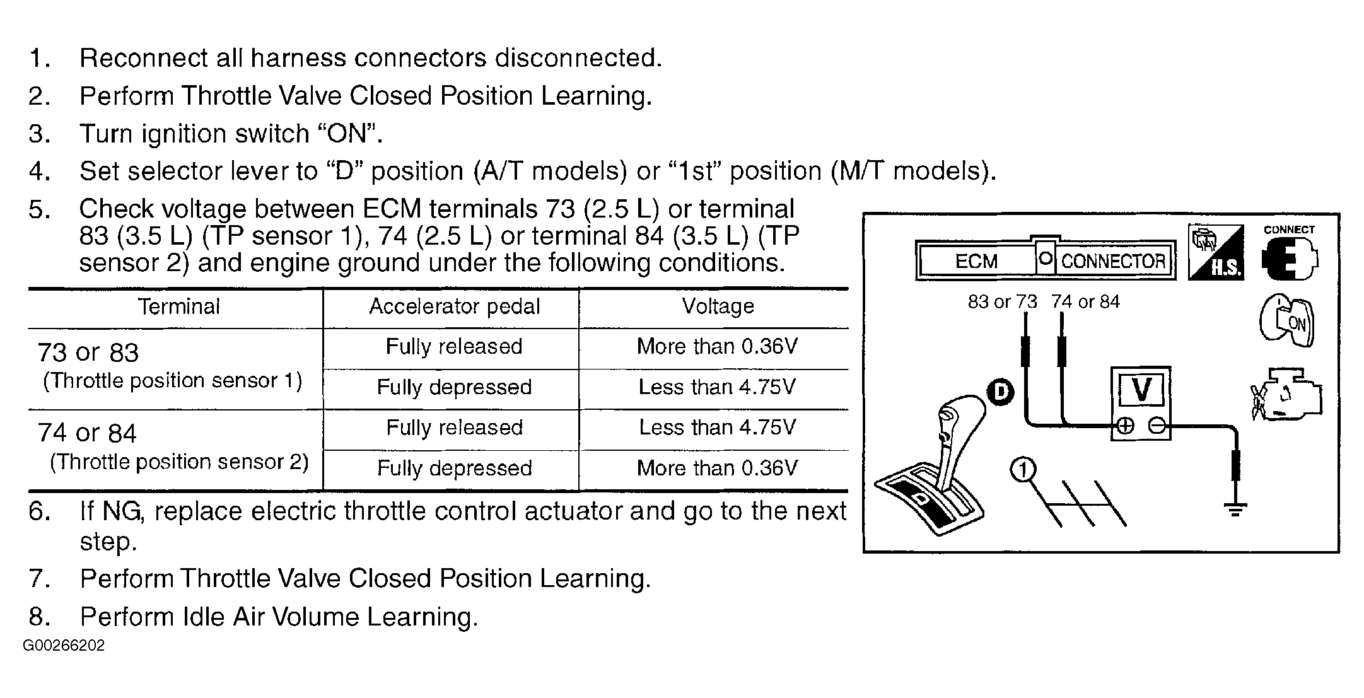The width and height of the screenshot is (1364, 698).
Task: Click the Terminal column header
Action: tap(179, 307)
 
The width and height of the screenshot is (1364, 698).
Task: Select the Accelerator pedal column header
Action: tap(454, 307)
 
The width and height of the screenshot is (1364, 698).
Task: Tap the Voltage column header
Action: tap(718, 307)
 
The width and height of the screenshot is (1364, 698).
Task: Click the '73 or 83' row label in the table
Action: tap(88, 352)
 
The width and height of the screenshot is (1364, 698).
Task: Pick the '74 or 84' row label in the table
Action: tap(87, 433)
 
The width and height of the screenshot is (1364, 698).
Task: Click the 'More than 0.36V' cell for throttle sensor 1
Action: tap(718, 346)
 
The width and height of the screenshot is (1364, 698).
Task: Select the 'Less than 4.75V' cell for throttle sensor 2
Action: tap(718, 428)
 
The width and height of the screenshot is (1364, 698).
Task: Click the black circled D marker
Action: tap(1000, 392)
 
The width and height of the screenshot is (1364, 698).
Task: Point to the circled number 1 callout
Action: tap(1023, 470)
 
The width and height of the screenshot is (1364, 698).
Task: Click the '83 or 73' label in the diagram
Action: tap(1002, 302)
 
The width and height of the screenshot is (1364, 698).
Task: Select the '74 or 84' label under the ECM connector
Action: tap(1085, 302)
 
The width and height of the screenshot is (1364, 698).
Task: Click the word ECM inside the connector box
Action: tap(976, 261)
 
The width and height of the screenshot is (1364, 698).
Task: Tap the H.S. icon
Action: tap(1216, 252)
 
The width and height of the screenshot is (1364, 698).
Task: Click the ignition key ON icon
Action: tap(1287, 322)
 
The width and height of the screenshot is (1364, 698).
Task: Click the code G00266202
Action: tap(64, 646)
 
